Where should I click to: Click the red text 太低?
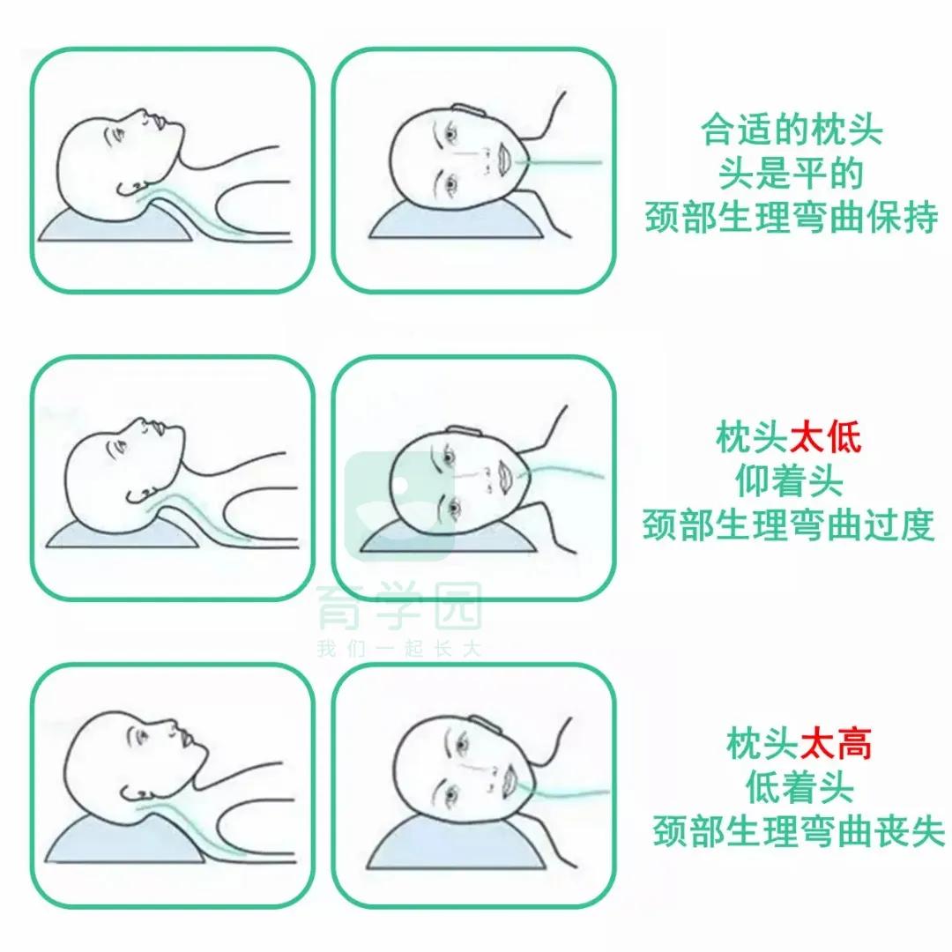pyautogui.click(x=825, y=438)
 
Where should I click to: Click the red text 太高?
pyautogui.click(x=836, y=745)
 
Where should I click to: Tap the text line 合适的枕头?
pyautogui.click(x=791, y=132)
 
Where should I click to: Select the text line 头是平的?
pyautogui.click(x=791, y=175)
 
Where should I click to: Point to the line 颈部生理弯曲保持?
pyautogui.click(x=791, y=218)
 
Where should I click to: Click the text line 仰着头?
pyautogui.click(x=789, y=481)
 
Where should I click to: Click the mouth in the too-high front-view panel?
pyautogui.click(x=508, y=777)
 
